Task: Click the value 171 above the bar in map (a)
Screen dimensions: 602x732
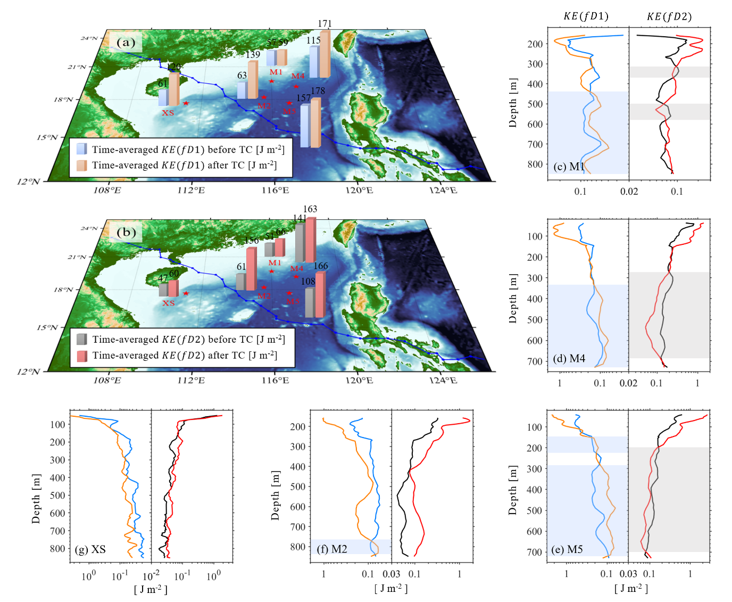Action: point(325,24)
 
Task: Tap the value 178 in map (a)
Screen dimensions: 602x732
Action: point(318,91)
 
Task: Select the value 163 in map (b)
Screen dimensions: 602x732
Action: point(310,209)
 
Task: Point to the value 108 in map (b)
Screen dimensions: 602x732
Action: point(308,282)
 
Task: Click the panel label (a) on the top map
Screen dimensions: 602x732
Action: point(126,43)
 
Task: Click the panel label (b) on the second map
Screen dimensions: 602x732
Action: point(126,233)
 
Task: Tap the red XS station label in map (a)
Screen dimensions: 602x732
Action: point(168,113)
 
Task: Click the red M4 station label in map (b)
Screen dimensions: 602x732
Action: point(296,269)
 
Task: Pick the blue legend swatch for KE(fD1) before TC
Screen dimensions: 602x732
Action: point(81,149)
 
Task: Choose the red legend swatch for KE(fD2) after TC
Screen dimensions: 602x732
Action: point(81,356)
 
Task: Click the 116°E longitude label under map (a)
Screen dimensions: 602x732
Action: point(275,191)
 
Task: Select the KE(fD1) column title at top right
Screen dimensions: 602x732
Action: point(586,16)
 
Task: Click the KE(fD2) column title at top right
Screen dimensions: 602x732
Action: point(669,16)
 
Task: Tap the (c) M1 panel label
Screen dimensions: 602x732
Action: point(569,167)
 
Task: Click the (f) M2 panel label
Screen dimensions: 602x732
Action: point(332,549)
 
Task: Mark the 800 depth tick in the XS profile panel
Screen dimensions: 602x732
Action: point(57,549)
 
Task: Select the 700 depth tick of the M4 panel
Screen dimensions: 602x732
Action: point(535,361)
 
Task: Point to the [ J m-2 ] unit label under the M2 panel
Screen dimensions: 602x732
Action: point(391,588)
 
